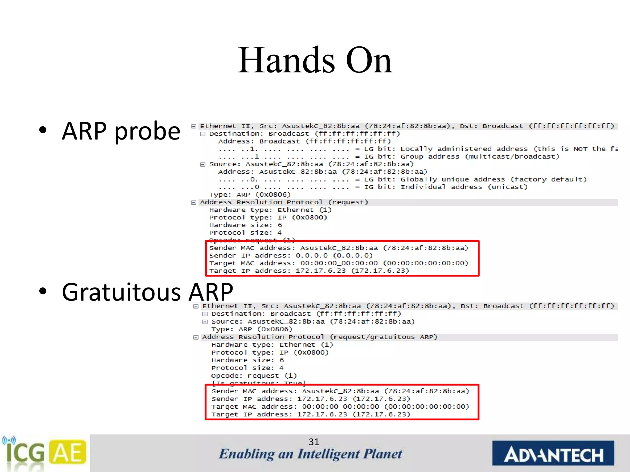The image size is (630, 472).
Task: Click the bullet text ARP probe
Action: tap(121, 131)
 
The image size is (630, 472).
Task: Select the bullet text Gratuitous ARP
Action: tap(147, 292)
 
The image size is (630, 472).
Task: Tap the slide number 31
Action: tap(314, 442)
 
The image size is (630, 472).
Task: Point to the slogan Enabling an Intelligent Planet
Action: tap(310, 454)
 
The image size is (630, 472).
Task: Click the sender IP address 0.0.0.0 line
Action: tap(291, 256)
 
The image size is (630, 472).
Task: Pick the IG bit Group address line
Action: tap(389, 157)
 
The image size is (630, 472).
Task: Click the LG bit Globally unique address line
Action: tap(402, 179)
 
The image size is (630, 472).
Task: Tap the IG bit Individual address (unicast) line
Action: tap(373, 187)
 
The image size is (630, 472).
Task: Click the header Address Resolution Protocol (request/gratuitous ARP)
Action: tap(319, 337)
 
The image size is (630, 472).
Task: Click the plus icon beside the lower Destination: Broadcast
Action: tap(205, 314)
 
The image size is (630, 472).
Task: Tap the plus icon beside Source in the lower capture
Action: tap(205, 322)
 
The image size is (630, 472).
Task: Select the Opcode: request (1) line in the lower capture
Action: tap(254, 376)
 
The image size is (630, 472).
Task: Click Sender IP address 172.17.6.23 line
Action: tap(311, 399)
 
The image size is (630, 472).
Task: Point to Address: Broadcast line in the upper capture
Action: tap(304, 141)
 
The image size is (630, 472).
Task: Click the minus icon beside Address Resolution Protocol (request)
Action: tap(193, 203)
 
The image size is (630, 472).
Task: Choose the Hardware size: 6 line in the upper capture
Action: tap(245, 225)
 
